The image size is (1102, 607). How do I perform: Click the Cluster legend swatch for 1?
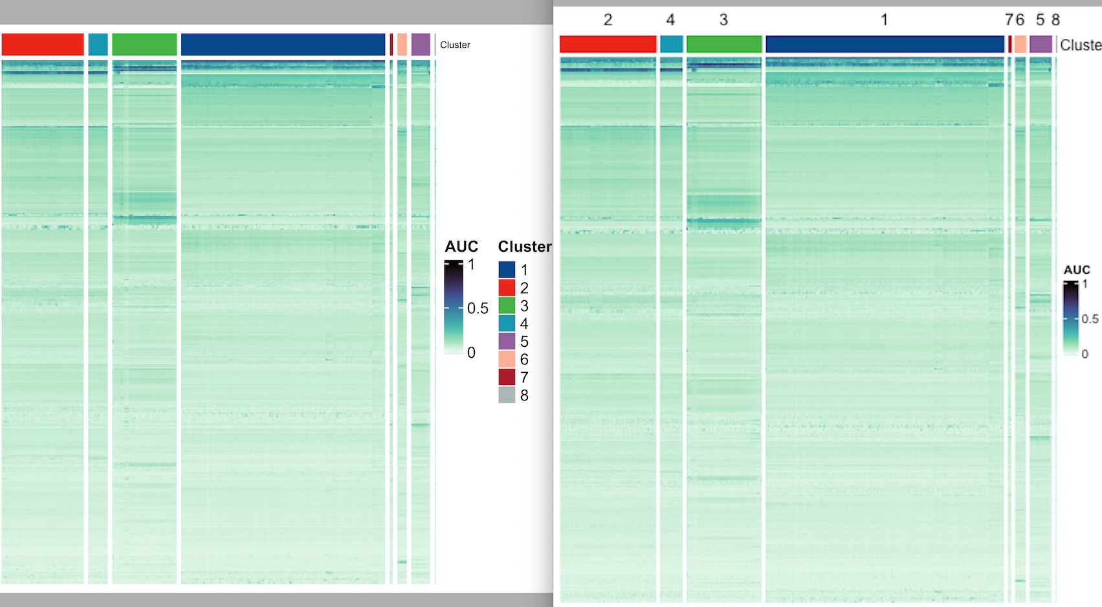[x=507, y=269]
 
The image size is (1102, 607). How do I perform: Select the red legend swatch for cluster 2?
[x=507, y=287]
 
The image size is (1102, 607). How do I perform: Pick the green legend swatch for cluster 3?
[x=507, y=305]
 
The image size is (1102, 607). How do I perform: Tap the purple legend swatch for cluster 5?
[x=507, y=341]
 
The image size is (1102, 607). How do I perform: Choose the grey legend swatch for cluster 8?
[x=507, y=395]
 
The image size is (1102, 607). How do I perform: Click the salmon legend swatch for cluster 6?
[x=507, y=359]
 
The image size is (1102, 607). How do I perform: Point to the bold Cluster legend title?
[x=524, y=247]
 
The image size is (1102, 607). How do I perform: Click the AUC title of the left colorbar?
[x=461, y=247]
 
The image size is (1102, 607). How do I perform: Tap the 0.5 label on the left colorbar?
[x=478, y=309]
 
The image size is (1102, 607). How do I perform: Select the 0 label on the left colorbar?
[x=471, y=353]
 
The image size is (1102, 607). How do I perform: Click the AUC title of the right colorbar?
[x=1077, y=270]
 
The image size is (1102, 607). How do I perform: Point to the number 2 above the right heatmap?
[x=608, y=20]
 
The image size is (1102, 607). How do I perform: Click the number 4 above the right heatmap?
[x=670, y=20]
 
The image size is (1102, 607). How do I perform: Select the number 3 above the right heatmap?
[x=723, y=20]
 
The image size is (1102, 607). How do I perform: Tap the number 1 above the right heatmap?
[x=884, y=20]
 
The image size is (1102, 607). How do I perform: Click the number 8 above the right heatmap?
[x=1055, y=20]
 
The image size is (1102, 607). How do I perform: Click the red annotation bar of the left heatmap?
[x=43, y=45]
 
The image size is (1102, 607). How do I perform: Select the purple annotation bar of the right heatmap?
[x=1041, y=44]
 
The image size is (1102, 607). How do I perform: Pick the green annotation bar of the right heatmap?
[x=723, y=44]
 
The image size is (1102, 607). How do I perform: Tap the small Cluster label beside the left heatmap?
[x=455, y=45]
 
